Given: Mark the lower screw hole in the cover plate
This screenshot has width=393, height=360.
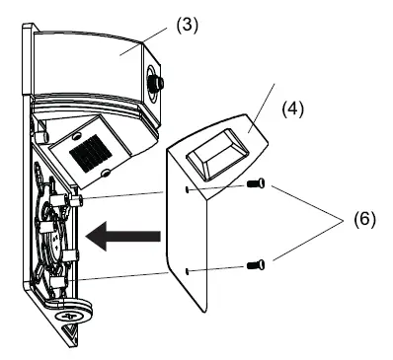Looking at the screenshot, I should [x=187, y=267].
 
